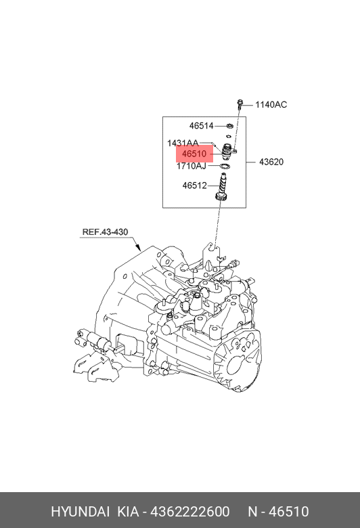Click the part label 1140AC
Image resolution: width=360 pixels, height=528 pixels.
(x=271, y=105)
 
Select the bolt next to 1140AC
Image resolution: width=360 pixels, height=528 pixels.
(x=240, y=104)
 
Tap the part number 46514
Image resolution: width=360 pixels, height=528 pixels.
(x=202, y=126)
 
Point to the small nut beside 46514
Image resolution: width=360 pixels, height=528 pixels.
(x=230, y=127)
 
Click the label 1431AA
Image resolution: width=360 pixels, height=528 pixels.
(x=183, y=143)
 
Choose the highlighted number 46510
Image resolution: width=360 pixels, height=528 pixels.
(x=194, y=154)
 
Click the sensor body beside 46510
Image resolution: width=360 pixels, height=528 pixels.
(x=228, y=151)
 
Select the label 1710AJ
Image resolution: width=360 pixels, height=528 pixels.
(x=192, y=166)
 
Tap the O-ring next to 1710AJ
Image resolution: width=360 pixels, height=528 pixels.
(x=225, y=166)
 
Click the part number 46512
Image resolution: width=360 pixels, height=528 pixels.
(x=195, y=185)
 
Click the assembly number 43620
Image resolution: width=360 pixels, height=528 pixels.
(x=271, y=162)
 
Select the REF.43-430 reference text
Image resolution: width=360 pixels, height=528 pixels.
(x=105, y=232)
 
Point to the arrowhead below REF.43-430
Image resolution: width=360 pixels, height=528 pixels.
(x=138, y=248)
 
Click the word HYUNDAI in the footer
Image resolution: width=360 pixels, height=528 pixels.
(x=81, y=512)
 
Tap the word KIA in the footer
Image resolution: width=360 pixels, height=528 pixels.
(x=128, y=512)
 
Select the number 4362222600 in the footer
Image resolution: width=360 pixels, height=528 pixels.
(x=190, y=512)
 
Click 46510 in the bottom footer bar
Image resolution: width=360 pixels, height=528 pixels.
(x=290, y=512)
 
